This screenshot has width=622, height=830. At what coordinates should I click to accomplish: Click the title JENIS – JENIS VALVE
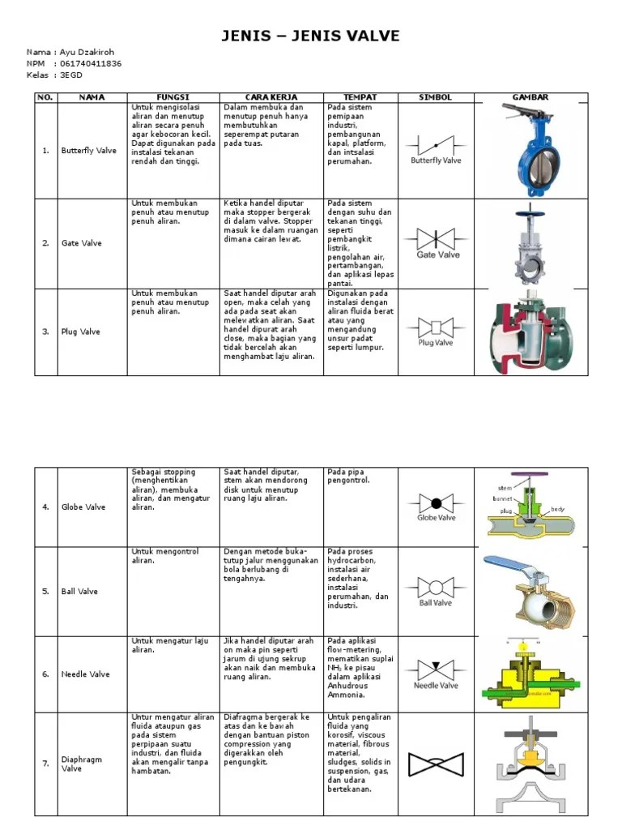point(311,36)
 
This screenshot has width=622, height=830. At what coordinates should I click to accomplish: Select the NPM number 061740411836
point(91,63)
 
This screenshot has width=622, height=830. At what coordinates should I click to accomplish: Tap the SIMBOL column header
point(435,97)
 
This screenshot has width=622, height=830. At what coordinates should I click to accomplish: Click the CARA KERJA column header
point(271,97)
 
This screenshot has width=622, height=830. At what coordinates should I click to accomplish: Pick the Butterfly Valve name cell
point(89,151)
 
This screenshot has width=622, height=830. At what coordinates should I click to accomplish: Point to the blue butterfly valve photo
point(531,150)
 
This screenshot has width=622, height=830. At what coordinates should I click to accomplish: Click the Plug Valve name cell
point(81,332)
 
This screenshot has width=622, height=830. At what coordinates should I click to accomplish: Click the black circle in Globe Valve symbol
point(437,503)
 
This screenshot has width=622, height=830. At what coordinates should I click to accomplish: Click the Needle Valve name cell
point(85,674)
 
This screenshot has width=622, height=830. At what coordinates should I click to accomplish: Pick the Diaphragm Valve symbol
point(436,764)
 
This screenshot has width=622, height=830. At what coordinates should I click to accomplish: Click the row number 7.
point(45,764)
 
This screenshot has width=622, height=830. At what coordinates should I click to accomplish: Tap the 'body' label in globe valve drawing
point(557,509)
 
